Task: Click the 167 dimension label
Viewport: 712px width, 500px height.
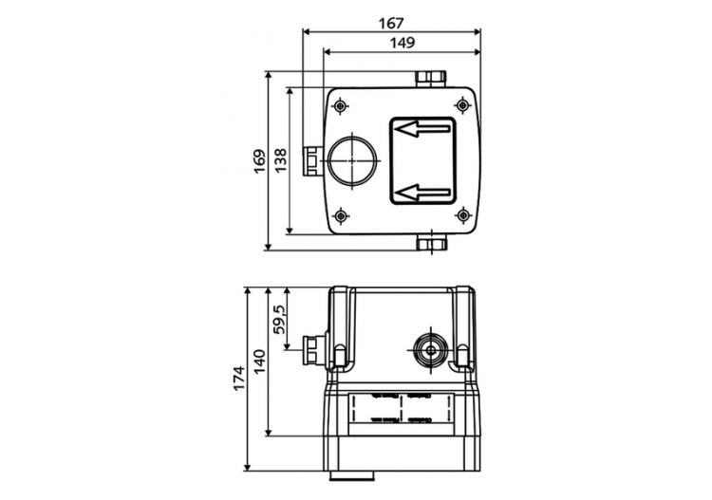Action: pyautogui.click(x=390, y=21)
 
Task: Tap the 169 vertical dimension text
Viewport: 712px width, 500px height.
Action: pyautogui.click(x=259, y=159)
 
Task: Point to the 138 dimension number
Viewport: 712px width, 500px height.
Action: pyautogui.click(x=280, y=159)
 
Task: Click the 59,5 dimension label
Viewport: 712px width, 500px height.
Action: pyautogui.click(x=279, y=312)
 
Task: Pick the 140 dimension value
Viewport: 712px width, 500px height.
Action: pyautogui.click(x=259, y=361)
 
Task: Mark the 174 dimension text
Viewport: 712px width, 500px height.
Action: pyautogui.click(x=238, y=377)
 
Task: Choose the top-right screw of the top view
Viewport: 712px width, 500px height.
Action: pyautogui.click(x=462, y=103)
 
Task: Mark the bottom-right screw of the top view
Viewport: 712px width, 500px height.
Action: pyautogui.click(x=462, y=215)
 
